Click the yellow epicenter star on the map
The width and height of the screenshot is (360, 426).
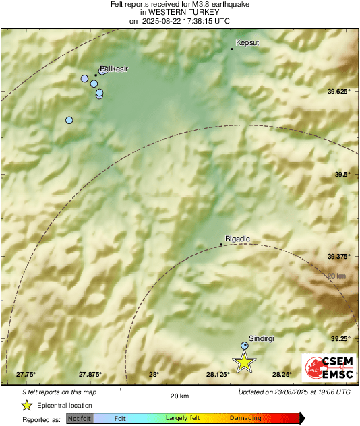(x=244, y=362)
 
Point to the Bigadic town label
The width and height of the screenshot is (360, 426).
(x=237, y=239)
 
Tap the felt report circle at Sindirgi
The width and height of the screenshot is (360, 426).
(x=245, y=346)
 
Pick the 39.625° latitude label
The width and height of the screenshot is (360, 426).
(x=338, y=91)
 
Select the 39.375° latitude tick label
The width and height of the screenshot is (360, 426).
(x=339, y=256)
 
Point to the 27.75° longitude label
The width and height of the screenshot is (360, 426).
(x=26, y=375)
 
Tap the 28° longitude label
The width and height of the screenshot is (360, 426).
(x=154, y=375)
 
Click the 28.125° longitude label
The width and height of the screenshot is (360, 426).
(x=218, y=375)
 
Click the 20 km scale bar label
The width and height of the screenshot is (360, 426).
(x=179, y=395)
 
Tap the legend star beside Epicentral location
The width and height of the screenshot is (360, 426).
(x=26, y=405)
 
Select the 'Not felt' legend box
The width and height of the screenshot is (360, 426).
(x=80, y=418)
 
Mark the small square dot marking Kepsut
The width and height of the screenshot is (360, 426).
(x=232, y=49)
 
